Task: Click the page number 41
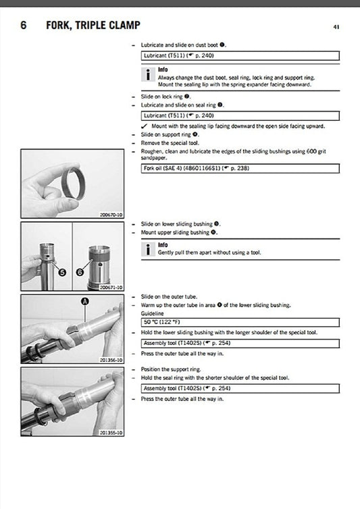(336, 27)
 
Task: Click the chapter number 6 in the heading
(24, 26)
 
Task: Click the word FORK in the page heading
(59, 26)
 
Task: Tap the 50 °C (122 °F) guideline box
(240, 323)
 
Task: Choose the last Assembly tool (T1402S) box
(240, 389)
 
